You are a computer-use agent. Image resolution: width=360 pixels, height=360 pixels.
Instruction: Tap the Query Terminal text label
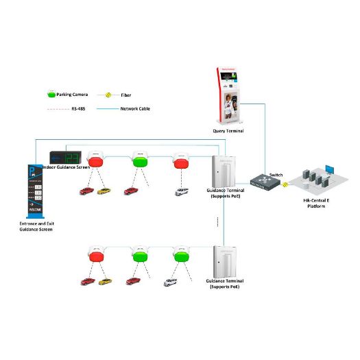tap(228, 131)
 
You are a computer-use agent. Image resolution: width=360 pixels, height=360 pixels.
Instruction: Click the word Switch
tap(276, 175)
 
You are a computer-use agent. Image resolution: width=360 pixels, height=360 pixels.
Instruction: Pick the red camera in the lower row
tap(96, 258)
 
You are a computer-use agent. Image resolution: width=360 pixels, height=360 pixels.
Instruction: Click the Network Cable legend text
tap(136, 108)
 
